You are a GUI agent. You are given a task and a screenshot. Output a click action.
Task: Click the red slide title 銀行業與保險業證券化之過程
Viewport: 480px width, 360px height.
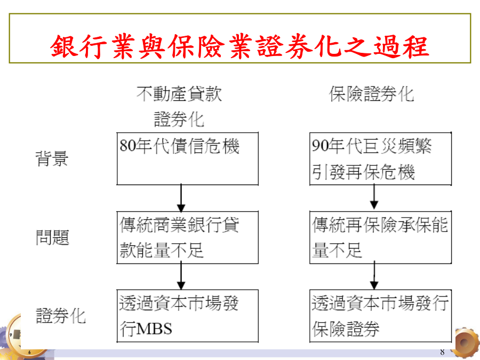(x=239, y=46)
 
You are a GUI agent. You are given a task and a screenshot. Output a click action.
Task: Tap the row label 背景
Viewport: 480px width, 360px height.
(x=52, y=158)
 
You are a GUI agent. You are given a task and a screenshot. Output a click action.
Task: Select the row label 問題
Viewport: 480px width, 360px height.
(x=52, y=237)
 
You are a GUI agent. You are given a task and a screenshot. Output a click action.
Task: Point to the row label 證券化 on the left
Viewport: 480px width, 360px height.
(x=61, y=316)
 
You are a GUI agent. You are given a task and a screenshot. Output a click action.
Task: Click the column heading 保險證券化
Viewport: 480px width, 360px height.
(x=371, y=94)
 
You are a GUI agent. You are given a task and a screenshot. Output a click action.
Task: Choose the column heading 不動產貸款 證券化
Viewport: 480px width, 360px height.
(x=179, y=106)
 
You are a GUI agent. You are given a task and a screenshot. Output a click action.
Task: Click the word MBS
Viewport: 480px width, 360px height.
(x=154, y=329)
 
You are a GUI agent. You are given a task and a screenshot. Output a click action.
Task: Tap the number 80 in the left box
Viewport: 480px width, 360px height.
(x=127, y=146)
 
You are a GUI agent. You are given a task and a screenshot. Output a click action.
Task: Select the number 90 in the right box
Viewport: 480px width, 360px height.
(x=320, y=146)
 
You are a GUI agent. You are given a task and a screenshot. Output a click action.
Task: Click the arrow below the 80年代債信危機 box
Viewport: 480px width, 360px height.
(x=181, y=198)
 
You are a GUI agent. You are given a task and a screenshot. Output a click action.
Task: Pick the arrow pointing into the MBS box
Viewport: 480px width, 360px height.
(x=181, y=276)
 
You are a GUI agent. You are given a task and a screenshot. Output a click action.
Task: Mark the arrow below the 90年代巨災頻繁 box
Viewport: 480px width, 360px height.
(x=374, y=198)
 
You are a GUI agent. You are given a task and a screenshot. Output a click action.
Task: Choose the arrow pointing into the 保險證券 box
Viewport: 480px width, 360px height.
(x=374, y=276)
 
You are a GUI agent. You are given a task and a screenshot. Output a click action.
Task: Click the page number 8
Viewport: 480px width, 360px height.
(x=442, y=352)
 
